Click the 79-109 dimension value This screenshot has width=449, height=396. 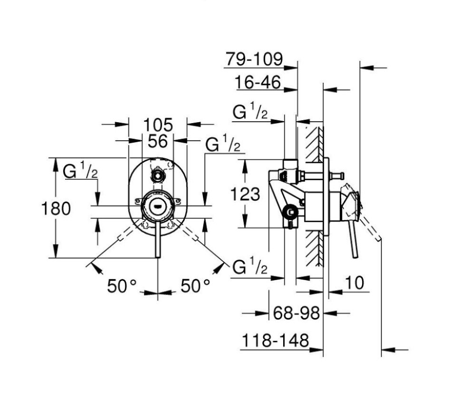tap(254, 60)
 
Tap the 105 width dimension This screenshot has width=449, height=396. tap(158, 125)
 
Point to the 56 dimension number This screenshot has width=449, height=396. tap(158, 141)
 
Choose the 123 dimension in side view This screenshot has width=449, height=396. tap(245, 194)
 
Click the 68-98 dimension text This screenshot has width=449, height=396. tap(296, 313)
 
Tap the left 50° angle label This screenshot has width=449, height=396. tap(122, 286)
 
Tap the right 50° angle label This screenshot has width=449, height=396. tap(195, 286)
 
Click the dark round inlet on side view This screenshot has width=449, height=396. tap(288, 212)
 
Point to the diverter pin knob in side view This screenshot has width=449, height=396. tap(340, 177)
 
